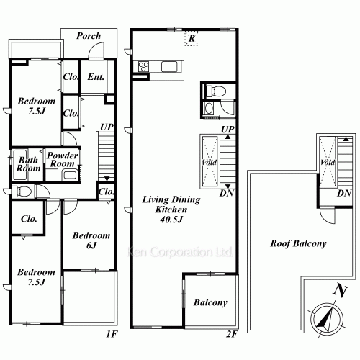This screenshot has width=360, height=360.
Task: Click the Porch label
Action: [89, 36]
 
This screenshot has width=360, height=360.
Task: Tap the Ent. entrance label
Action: [96, 77]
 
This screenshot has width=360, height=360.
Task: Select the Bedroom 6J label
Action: [91, 240]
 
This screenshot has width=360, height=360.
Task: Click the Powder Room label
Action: [63, 160]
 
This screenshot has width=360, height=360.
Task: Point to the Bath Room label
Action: [28, 164]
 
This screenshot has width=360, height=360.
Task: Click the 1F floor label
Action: [112, 334]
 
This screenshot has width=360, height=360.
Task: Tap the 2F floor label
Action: [232, 334]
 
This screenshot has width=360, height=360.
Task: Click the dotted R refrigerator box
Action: [192, 38]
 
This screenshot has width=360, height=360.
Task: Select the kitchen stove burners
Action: [143, 67]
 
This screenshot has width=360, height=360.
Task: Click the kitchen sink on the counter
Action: [169, 67]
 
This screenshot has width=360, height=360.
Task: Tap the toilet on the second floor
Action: [216, 91]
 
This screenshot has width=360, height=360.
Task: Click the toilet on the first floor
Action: [22, 192]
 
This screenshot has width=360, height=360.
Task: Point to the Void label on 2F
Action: [210, 163]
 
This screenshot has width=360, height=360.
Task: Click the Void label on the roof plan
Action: [328, 163]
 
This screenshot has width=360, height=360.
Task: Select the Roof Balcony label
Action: [298, 243]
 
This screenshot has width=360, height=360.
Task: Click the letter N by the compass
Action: [341, 290]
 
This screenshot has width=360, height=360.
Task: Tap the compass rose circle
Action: [327, 319]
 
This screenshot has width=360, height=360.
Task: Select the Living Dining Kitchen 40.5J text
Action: [171, 210]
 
